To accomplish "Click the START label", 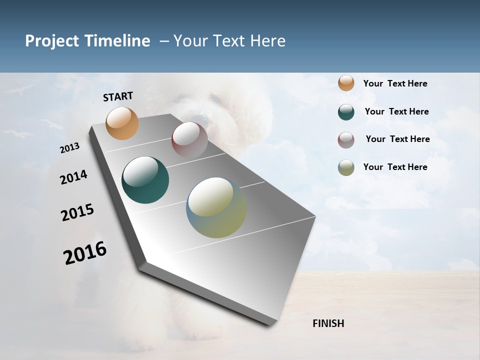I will [118, 96].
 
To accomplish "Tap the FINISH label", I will [328, 323].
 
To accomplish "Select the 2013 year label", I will [69, 148].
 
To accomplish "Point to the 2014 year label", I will [73, 177].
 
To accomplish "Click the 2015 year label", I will [77, 212].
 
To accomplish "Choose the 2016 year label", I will [85, 253].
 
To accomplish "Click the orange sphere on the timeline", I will [122, 123].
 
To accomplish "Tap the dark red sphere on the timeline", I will [189, 140].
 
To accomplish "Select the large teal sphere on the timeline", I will [145, 180].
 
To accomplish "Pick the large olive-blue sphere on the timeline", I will [216, 207].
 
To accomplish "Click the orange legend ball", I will [346, 83].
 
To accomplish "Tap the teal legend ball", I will [346, 112].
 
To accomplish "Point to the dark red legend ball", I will [346, 140].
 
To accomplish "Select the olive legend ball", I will [346, 167].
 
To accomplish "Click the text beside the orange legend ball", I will [395, 83].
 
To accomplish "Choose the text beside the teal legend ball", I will [396, 111].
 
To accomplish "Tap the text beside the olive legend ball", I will [395, 167].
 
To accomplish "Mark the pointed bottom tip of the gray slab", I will [270, 325].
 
